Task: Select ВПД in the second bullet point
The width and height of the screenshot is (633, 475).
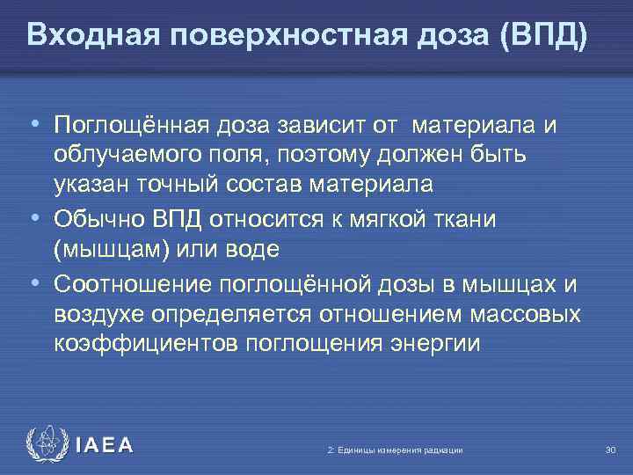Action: (178, 217)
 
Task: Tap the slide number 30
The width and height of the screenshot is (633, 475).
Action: (611, 450)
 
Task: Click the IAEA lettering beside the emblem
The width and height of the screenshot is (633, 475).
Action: (104, 446)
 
